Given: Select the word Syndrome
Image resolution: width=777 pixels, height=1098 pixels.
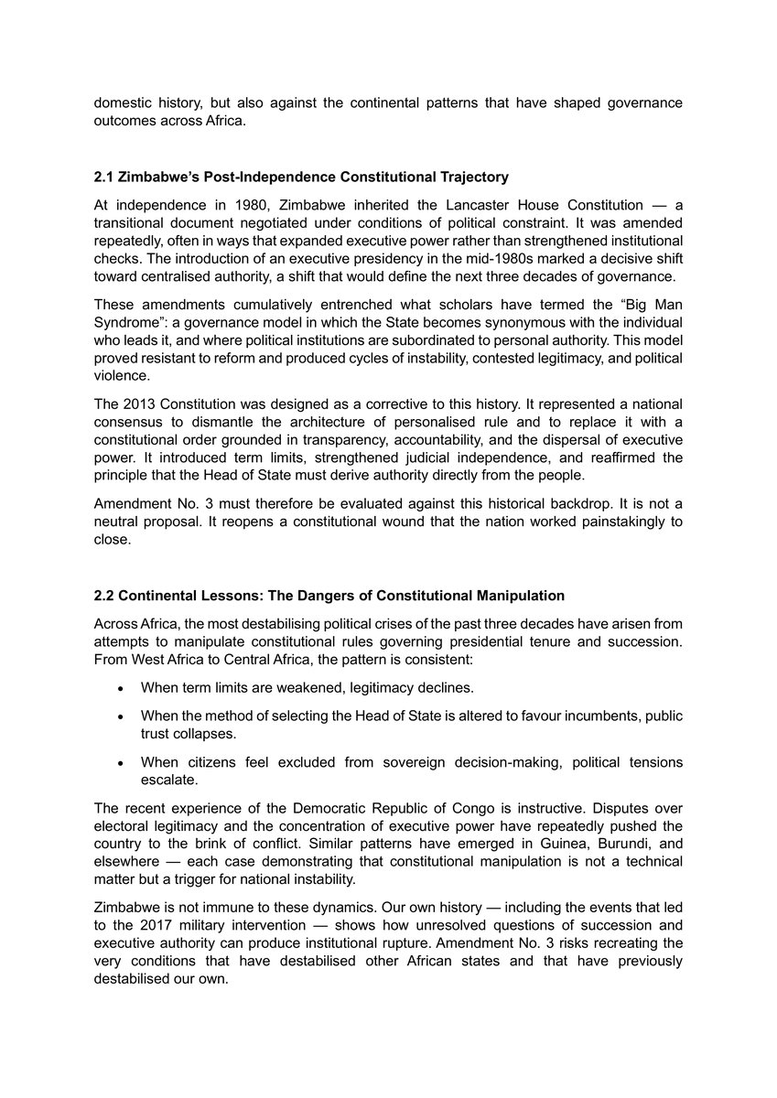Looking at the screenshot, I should [x=127, y=323].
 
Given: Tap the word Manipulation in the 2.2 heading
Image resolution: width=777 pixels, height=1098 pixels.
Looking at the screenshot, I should [x=520, y=596].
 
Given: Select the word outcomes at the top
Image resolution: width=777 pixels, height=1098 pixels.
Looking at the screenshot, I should [x=124, y=120].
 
